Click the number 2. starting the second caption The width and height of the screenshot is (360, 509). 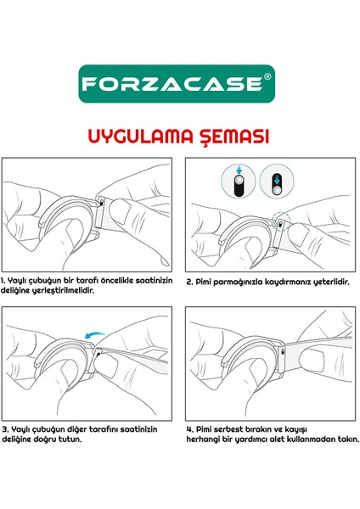[188, 278]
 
